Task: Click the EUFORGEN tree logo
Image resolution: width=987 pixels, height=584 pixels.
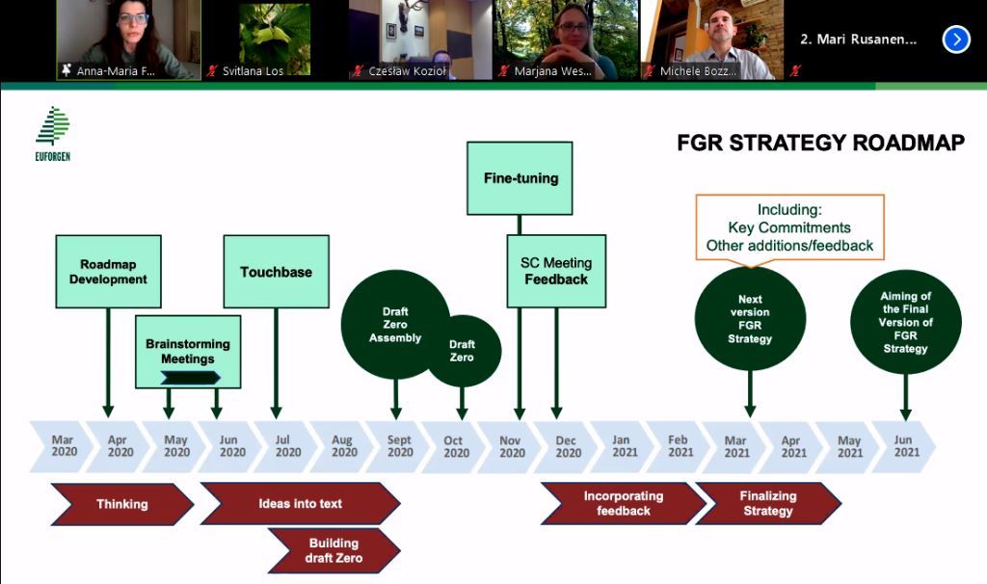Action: tap(53, 126)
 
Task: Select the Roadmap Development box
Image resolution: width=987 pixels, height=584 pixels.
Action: tap(108, 272)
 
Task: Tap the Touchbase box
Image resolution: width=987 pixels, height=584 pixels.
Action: tap(277, 272)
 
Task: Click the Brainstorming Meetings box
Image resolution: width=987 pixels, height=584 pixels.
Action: tap(188, 351)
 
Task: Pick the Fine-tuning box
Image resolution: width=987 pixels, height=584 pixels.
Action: tap(520, 178)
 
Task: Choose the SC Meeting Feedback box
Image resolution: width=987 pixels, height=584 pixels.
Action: tap(556, 271)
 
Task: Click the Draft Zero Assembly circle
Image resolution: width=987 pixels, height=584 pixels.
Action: tap(395, 325)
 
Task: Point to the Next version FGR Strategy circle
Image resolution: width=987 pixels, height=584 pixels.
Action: tap(750, 318)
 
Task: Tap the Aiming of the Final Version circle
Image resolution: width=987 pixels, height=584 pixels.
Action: tap(906, 322)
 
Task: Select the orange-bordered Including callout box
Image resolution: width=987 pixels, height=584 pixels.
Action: tap(790, 227)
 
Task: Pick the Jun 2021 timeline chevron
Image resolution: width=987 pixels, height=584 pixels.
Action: tap(905, 446)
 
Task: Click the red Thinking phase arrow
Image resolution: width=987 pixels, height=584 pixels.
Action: tap(122, 504)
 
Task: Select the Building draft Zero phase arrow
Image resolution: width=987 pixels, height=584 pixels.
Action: tap(334, 550)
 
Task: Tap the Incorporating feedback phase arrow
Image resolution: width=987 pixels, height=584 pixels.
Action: tap(624, 503)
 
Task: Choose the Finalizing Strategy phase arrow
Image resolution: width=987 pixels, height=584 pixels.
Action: tap(768, 503)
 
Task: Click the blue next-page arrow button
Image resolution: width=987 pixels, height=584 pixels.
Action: tap(956, 40)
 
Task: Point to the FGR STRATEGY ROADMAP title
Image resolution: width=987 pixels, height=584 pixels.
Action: tap(821, 143)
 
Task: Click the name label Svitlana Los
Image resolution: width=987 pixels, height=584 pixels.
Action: tap(253, 71)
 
